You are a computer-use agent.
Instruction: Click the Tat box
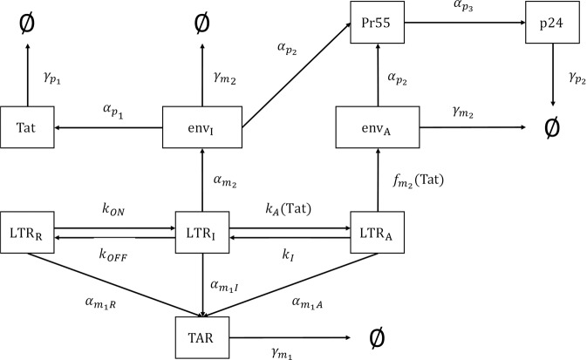click(x=26, y=127)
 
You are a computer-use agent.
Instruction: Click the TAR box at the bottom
click(x=202, y=334)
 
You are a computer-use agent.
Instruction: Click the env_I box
click(x=202, y=127)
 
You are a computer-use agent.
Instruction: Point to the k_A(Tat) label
click(x=289, y=210)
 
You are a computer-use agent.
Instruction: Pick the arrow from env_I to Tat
click(x=109, y=127)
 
